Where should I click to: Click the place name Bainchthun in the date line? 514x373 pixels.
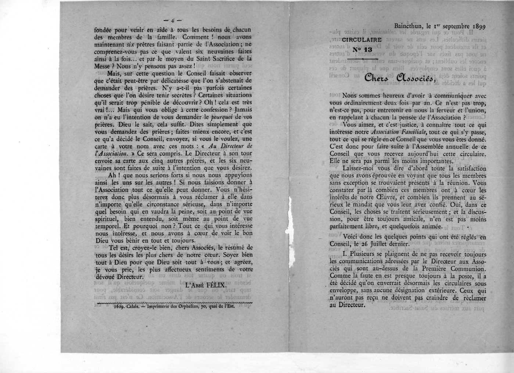click(407, 26)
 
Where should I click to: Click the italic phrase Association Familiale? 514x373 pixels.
click(395, 132)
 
